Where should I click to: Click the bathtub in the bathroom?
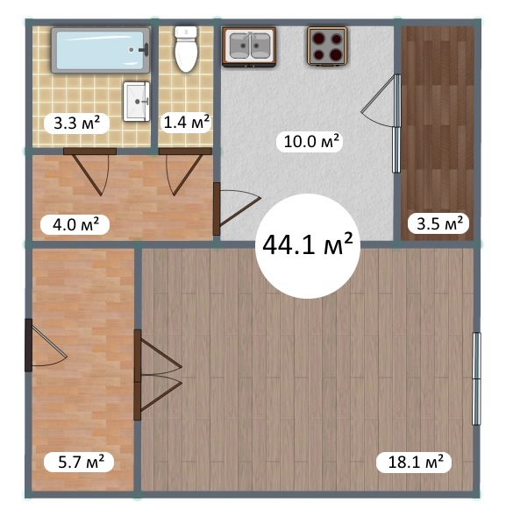click(x=101, y=50)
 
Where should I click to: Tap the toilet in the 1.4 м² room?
click(x=186, y=49)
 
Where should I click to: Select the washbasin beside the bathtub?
click(x=136, y=101)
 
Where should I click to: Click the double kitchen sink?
click(x=249, y=47)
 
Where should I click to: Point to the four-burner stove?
click(x=327, y=46)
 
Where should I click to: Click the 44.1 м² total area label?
click(x=308, y=246)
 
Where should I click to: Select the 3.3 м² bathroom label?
click(x=77, y=123)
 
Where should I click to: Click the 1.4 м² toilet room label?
click(x=187, y=123)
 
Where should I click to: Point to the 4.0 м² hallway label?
click(x=75, y=224)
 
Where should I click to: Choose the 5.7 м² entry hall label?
click(x=81, y=462)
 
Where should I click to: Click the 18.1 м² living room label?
click(x=416, y=462)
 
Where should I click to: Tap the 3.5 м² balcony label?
click(x=439, y=223)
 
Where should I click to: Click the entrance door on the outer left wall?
click(x=46, y=345)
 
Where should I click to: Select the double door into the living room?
click(x=158, y=375)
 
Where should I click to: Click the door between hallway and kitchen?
click(x=237, y=208)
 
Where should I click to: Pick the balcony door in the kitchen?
click(x=381, y=124)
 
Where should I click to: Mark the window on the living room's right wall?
click(x=476, y=378)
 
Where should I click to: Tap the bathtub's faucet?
click(x=146, y=49)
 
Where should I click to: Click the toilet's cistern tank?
click(x=186, y=32)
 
